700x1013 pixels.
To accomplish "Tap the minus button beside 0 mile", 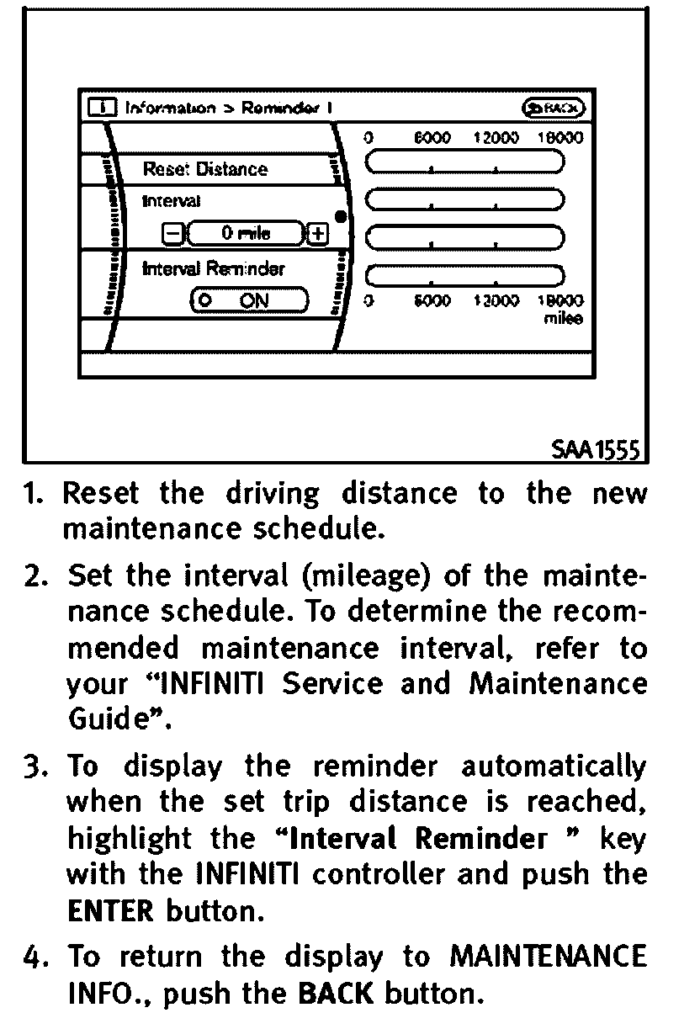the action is point(171,233).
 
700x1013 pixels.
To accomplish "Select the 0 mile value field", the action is point(246,233).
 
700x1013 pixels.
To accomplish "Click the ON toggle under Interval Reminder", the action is point(251,299).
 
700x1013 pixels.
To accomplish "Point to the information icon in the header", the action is point(102,108).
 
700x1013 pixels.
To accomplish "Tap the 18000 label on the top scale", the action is point(560,136).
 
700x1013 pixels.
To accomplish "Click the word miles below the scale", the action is point(563,320).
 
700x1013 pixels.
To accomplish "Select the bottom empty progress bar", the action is point(464,275).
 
